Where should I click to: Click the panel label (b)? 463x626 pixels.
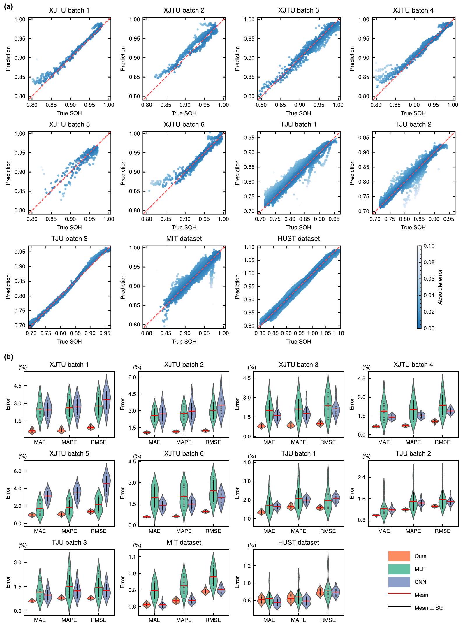[x=8, y=357]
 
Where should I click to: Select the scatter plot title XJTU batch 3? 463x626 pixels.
[x=298, y=10]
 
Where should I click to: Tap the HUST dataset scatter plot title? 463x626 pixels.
[x=298, y=239]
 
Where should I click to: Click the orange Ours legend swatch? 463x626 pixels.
[x=399, y=556]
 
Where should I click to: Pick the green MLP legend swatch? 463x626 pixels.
[x=399, y=569]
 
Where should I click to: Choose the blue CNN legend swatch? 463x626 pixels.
[x=399, y=582]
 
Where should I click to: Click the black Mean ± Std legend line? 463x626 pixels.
[x=399, y=606]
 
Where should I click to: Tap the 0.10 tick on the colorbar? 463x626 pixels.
[x=429, y=246]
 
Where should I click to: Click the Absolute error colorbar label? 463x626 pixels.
[x=440, y=287]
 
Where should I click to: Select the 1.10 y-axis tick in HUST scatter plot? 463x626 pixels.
[x=249, y=247]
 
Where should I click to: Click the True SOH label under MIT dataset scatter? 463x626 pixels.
[x=184, y=342]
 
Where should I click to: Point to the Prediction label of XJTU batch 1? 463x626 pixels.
[x=8, y=58]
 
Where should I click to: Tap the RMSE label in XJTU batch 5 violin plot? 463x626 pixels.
[x=98, y=531]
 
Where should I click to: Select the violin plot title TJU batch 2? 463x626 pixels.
[x=413, y=454]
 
